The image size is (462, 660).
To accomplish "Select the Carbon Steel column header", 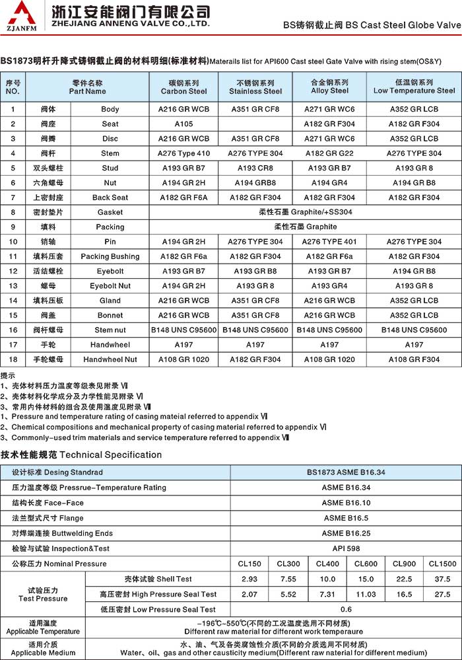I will tap(183, 87).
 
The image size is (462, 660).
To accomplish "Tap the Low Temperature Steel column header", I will tap(414, 87).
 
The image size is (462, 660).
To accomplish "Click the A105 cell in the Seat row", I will tap(183, 124).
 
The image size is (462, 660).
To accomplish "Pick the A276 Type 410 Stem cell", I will tap(183, 153).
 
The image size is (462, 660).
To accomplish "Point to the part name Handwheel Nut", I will tap(110, 359).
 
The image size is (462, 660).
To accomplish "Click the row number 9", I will tap(13, 227).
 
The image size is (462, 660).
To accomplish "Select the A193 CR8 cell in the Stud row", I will tap(255, 168).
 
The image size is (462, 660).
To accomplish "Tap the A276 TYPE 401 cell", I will tap(329, 242).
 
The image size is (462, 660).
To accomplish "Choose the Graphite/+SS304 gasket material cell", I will tap(305, 212).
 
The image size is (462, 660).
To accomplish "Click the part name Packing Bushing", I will tap(110, 256).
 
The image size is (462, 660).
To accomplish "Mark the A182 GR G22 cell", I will tap(329, 153).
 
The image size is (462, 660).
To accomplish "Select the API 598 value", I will tap(346, 548).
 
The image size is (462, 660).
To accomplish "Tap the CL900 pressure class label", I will tap(404, 564).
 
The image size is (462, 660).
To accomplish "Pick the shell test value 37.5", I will tap(442, 579).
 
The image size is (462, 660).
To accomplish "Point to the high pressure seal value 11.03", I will tap(366, 594).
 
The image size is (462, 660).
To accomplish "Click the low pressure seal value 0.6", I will tap(346, 609).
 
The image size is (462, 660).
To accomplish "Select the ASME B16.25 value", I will tap(346, 533).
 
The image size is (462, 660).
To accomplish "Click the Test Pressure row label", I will tap(43, 594).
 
